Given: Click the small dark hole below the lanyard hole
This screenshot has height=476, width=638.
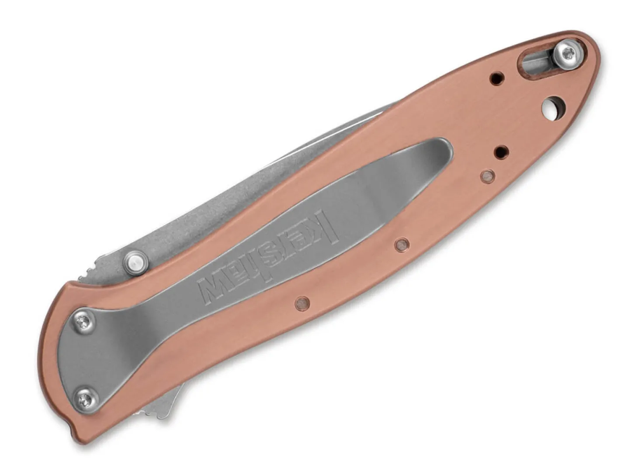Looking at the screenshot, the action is (x=502, y=152).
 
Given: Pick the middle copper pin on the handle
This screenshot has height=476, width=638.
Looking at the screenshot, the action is (x=402, y=244).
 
